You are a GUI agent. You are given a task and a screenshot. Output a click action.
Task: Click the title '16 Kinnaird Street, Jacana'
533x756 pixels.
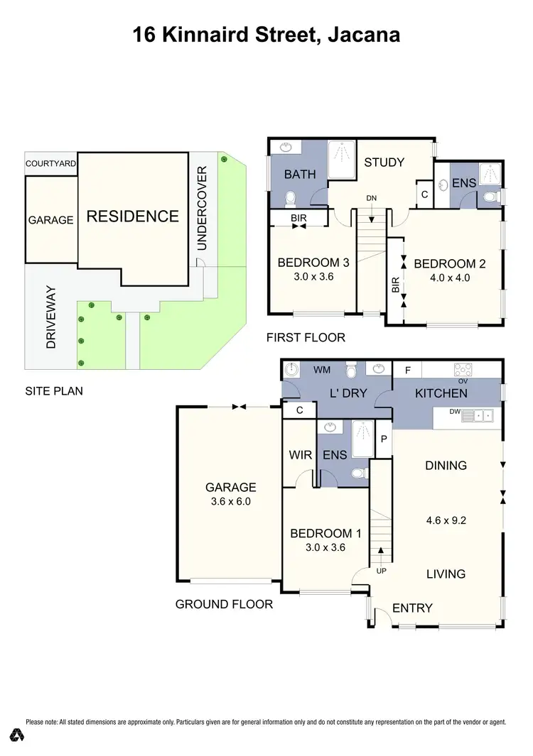pyautogui.click(x=266, y=34)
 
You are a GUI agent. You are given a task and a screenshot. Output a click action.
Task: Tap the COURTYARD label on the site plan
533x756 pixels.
pyautogui.click(x=50, y=163)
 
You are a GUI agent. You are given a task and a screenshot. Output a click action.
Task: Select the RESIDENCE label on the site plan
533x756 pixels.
pyautogui.click(x=132, y=217)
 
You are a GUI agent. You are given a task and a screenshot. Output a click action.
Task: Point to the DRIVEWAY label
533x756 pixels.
pyautogui.click(x=51, y=323)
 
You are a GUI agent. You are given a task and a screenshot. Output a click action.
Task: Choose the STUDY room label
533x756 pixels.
pyautogui.click(x=384, y=163)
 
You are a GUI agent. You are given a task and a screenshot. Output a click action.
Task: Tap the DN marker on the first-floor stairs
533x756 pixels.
pyautogui.click(x=372, y=198)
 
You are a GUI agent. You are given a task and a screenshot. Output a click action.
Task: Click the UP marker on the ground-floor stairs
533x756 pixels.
pyautogui.click(x=381, y=569)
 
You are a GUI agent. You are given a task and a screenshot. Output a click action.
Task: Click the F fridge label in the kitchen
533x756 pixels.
pyautogui.click(x=407, y=370)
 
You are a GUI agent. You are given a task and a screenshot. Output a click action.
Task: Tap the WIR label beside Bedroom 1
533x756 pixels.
pyautogui.click(x=300, y=455)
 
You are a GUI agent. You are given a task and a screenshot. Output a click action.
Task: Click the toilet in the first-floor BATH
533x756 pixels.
pyautogui.click(x=290, y=197)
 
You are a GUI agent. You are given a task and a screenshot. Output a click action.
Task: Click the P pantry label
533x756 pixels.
pyautogui.click(x=383, y=439)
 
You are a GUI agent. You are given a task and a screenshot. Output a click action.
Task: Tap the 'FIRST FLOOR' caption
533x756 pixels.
pyautogui.click(x=306, y=338)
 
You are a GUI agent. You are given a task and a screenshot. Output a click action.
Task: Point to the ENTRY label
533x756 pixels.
pyautogui.click(x=412, y=608)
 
